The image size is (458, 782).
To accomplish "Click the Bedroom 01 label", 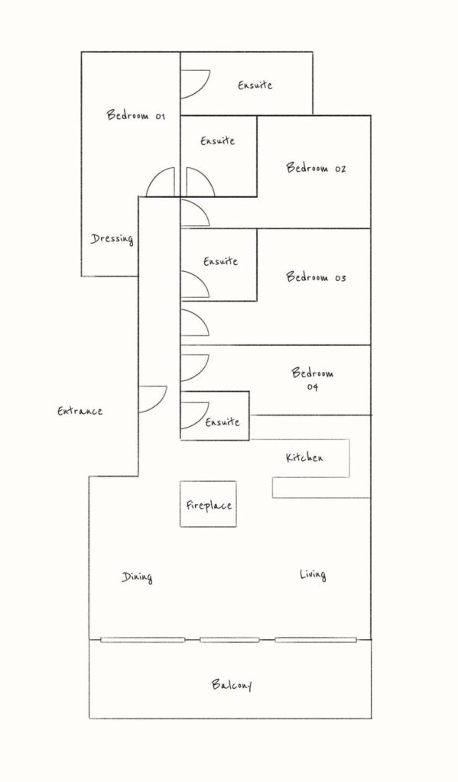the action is [136, 115].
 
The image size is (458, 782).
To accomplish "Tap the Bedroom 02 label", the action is [316, 167].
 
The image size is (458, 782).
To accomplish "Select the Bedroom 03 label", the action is [316, 276].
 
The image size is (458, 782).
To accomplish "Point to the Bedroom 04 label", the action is [313, 379].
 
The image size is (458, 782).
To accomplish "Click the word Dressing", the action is [112, 239].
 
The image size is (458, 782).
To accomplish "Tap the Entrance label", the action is [80, 411].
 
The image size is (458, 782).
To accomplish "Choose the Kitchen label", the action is [304, 457].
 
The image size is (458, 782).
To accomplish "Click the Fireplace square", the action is [208, 504].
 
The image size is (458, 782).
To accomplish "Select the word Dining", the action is [137, 577].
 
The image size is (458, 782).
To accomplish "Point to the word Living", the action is [313, 574].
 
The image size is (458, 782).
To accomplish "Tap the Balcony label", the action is [231, 684].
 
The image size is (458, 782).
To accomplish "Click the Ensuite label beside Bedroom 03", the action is [220, 261].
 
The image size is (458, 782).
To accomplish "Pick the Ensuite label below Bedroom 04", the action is [223, 422].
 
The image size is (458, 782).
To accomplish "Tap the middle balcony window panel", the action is [229, 640].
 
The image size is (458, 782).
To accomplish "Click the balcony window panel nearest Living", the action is [316, 640].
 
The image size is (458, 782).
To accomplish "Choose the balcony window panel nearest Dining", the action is [142, 640].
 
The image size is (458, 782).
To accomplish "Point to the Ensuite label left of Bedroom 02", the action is [218, 141].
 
